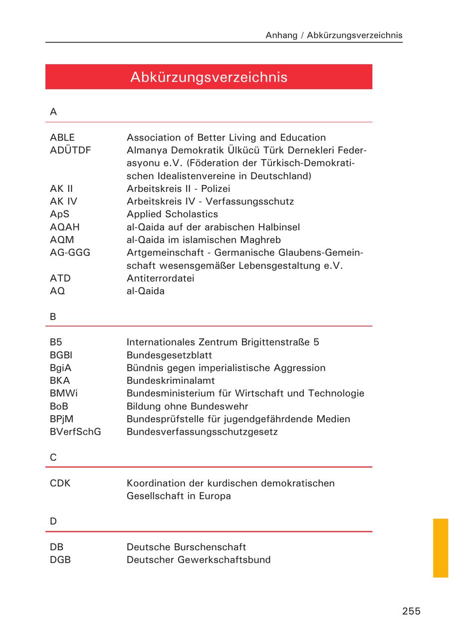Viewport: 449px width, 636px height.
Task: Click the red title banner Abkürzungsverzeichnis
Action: pyautogui.click(x=209, y=77)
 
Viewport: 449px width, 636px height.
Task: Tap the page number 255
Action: pyautogui.click(x=411, y=611)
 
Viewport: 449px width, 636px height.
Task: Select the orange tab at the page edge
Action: pyautogui.click(x=441, y=548)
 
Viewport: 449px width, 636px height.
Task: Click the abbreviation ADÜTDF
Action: pyautogui.click(x=70, y=150)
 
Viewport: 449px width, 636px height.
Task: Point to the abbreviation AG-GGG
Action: pyautogui.click(x=70, y=253)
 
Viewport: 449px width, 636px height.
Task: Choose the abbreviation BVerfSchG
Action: pyautogui.click(x=75, y=432)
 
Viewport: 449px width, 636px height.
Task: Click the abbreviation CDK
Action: pyautogui.click(x=60, y=483)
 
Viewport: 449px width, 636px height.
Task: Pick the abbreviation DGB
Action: pyautogui.click(x=60, y=560)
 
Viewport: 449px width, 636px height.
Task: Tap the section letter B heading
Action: pyautogui.click(x=53, y=317)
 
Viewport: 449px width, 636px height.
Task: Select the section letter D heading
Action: pyautogui.click(x=53, y=521)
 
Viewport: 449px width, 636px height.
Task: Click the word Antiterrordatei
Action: pyautogui.click(x=160, y=278)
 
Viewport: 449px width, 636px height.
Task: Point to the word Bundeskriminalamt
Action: pyautogui.click(x=171, y=381)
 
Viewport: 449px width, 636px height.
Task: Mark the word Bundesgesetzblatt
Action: pyautogui.click(x=169, y=355)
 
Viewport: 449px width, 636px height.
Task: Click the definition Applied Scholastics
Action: pyautogui.click(x=172, y=214)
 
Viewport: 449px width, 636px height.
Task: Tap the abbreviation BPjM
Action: pyautogui.click(x=61, y=419)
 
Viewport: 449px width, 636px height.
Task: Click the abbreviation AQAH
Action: pyautogui.click(x=65, y=227)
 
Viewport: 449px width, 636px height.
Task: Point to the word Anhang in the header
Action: pyautogui.click(x=281, y=35)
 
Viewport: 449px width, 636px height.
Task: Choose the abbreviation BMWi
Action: pyautogui.click(x=63, y=393)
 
